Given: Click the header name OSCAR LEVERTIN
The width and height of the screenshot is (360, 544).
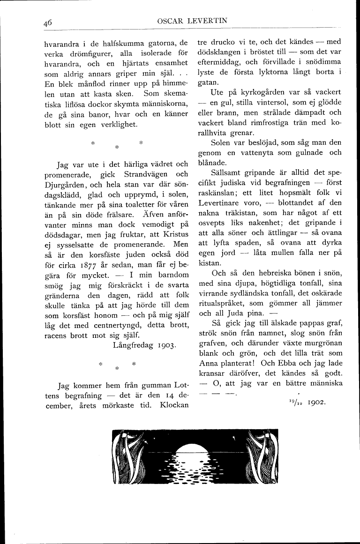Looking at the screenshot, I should (186, 20).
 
